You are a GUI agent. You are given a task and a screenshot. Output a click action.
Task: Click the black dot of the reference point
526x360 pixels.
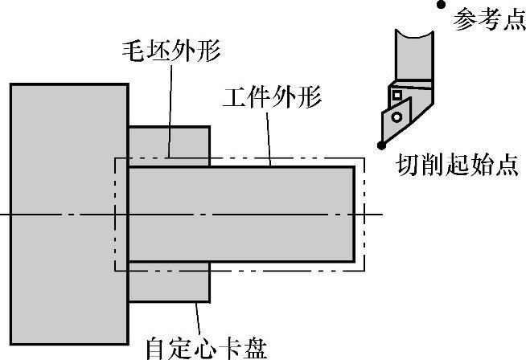441,5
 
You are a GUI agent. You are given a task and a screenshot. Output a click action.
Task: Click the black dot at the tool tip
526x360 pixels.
380,145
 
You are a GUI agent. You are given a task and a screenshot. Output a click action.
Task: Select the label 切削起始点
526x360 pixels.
456,166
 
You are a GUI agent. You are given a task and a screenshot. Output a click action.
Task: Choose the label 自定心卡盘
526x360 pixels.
205,347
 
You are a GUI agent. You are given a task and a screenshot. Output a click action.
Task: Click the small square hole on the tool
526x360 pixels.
396,96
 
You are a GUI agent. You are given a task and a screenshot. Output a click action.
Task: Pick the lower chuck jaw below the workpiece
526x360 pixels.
169,280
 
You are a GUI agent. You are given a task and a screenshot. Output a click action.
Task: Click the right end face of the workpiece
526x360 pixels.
355,213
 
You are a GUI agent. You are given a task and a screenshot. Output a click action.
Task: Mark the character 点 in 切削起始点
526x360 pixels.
505,166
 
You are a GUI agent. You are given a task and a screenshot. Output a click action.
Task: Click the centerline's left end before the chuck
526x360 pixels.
4,214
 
